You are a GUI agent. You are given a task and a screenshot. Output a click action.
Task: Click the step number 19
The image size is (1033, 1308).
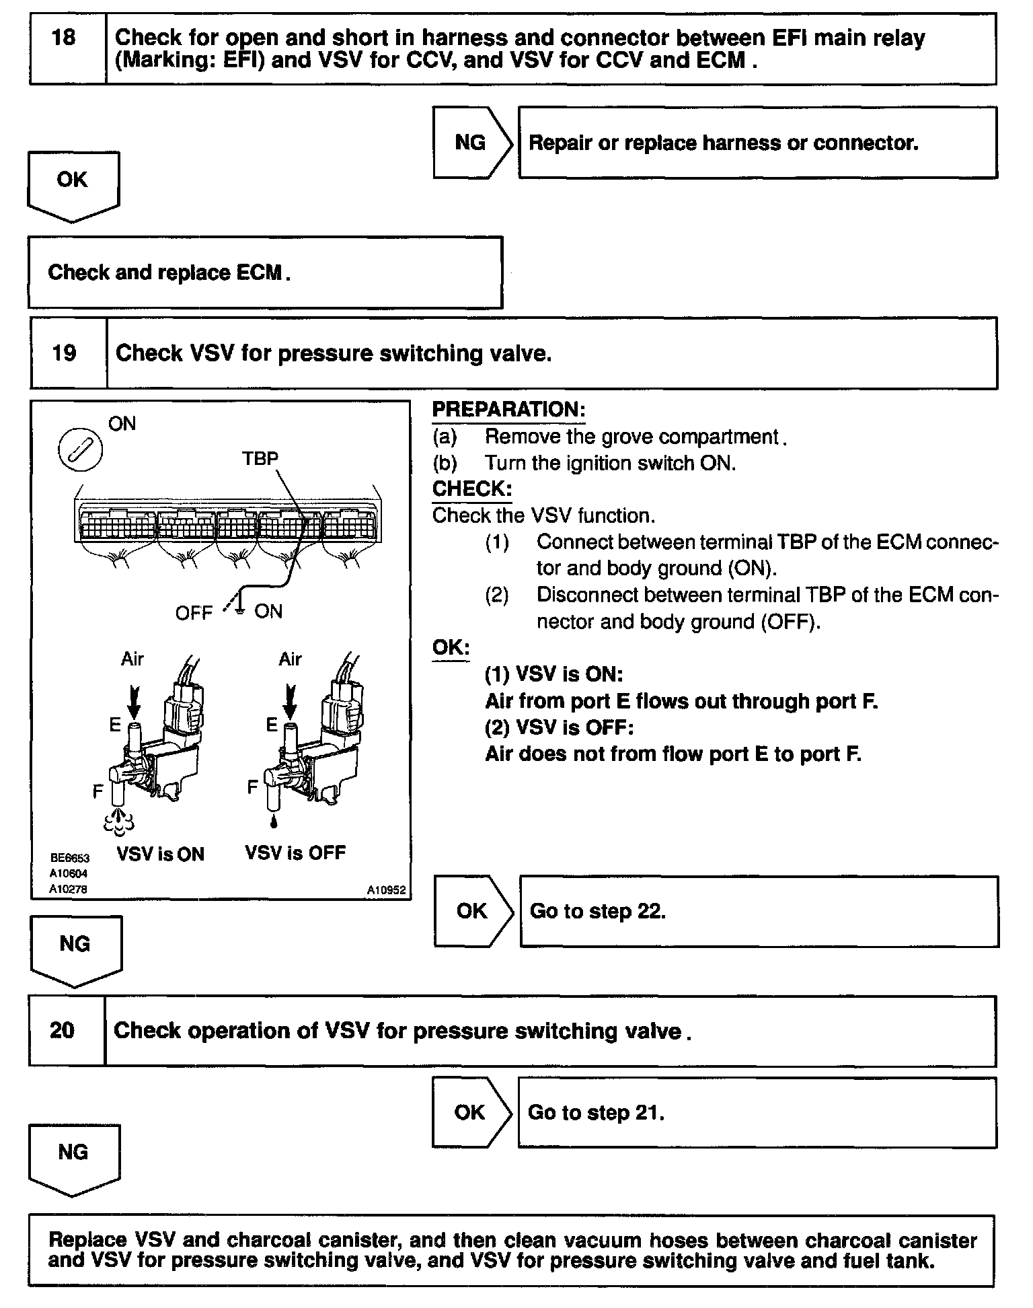point(65,353)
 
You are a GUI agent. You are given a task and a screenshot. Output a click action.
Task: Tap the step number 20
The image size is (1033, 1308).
point(63,1030)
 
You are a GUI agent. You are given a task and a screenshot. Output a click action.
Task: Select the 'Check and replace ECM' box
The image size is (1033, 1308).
point(265,272)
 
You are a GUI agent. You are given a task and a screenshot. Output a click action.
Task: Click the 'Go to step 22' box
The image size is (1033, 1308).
point(759,911)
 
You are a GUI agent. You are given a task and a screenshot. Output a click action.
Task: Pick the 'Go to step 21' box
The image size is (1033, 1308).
point(757,1112)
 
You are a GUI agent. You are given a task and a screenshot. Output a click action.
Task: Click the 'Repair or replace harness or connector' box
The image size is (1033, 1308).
point(757,143)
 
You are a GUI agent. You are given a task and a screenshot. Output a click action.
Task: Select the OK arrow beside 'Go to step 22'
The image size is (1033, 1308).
point(473,911)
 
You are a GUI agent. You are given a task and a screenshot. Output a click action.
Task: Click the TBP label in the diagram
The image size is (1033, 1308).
point(260,458)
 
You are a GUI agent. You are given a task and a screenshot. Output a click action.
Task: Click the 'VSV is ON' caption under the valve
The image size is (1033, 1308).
point(160,854)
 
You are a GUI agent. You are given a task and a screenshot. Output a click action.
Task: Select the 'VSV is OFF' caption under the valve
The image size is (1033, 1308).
point(295,853)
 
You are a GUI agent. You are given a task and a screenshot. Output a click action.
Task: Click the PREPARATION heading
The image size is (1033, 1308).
point(508,410)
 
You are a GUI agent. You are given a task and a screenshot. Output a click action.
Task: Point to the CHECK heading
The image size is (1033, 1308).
point(472,489)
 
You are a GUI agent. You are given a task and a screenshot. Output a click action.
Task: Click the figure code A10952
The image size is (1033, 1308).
point(386,890)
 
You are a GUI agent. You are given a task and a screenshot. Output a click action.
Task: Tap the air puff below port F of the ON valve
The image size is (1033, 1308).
point(119,820)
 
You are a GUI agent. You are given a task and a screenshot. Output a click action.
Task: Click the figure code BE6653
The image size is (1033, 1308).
point(69,858)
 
